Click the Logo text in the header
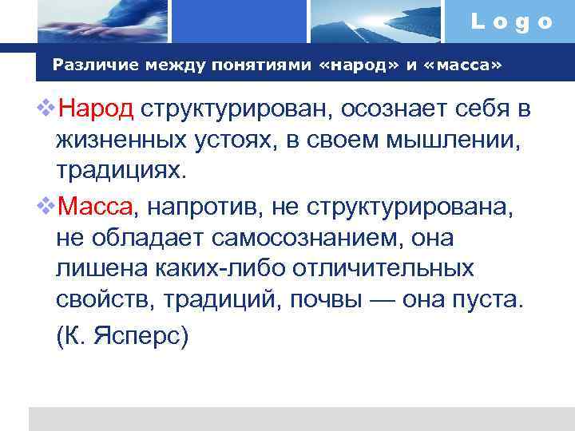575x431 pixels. coord(512,22)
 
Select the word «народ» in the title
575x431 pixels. coord(359,65)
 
